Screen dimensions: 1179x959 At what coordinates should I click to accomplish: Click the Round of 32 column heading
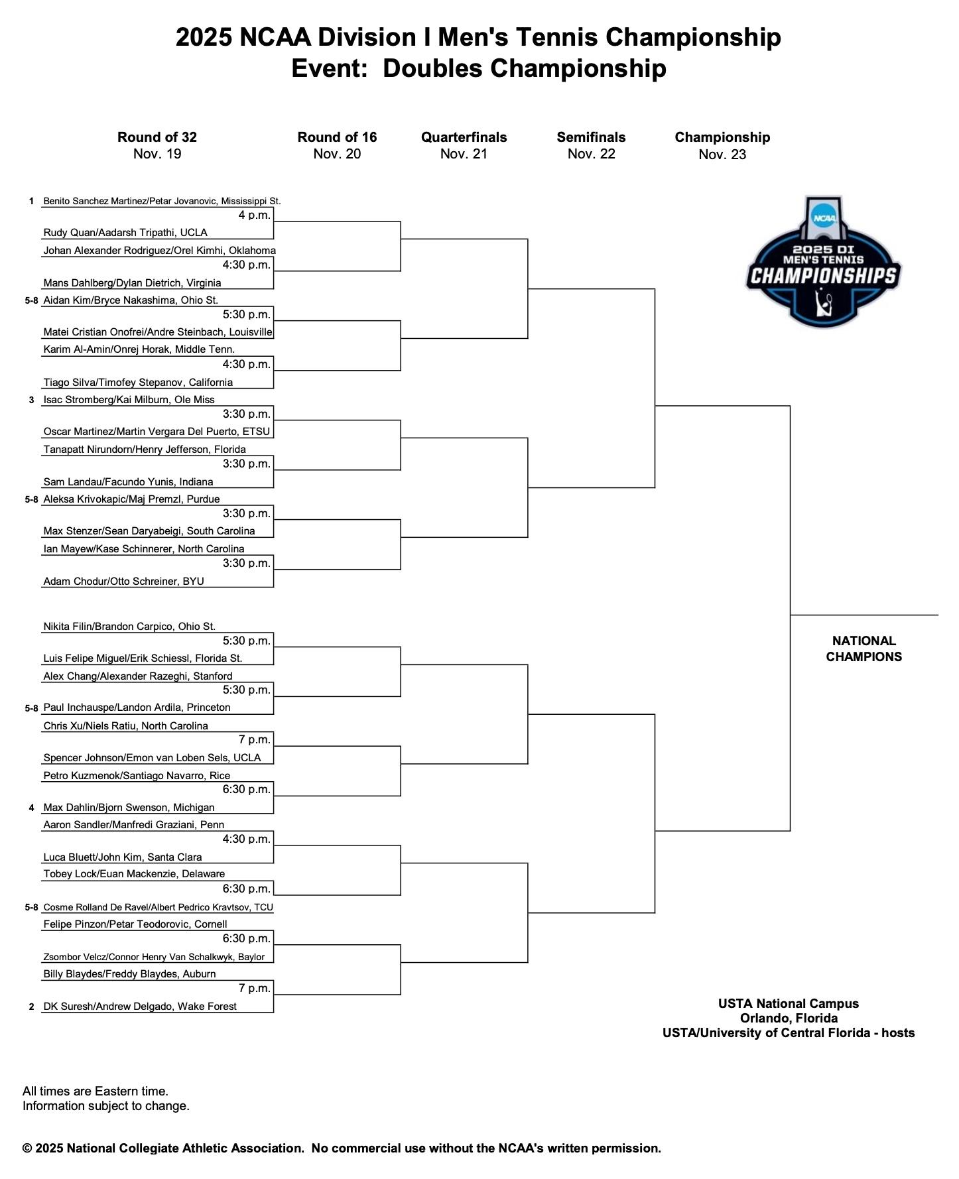coord(157,137)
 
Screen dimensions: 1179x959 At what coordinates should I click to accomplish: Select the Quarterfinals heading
coord(464,137)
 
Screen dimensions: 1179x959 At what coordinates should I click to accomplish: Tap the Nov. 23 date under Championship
coord(722,155)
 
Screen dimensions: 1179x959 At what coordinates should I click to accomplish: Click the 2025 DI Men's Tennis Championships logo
coord(823,262)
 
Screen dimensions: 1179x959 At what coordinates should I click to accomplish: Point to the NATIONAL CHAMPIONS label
coord(863,649)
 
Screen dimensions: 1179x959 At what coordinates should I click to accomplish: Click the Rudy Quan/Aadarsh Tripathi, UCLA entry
coord(125,233)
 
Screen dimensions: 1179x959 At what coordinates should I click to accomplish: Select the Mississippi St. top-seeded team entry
coord(162,201)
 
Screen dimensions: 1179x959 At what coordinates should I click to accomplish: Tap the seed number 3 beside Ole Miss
coord(31,400)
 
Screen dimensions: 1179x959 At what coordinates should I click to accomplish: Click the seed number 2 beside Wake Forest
coord(31,1007)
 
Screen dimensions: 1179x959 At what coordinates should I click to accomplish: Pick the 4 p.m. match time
coord(255,215)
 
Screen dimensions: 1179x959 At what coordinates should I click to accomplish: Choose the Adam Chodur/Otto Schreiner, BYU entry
coord(123,582)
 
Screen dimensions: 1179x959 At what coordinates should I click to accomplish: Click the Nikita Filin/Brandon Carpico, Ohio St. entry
coord(129,627)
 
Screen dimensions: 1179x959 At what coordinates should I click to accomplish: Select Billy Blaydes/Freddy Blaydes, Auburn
coord(129,974)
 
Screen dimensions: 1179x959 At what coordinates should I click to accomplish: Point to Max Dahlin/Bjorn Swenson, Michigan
coord(129,808)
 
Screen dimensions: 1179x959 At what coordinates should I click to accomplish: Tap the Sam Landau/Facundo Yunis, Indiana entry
coord(128,482)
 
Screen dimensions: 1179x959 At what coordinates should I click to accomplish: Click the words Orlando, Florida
coord(789,1018)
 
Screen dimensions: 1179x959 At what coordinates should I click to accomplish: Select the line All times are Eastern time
coord(96,1091)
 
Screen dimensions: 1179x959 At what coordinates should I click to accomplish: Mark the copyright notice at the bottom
coord(342,1148)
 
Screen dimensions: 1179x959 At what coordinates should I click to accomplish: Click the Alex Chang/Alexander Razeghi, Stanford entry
coord(138,676)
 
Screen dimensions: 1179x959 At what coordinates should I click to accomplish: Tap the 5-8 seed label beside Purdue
coord(31,499)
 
